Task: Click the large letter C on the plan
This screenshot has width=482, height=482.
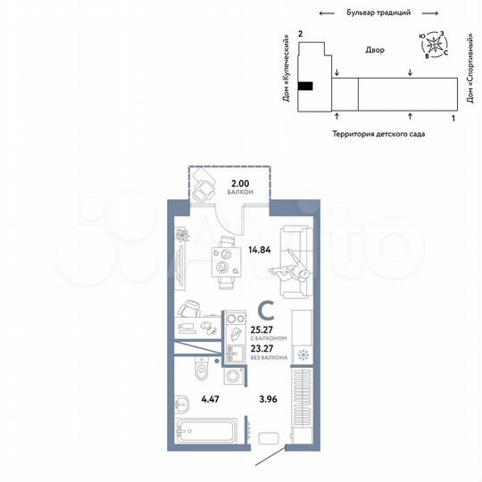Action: pyautogui.click(x=265, y=310)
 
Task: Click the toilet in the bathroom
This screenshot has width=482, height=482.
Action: pyautogui.click(x=202, y=368)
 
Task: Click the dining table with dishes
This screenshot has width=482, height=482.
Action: pyautogui.click(x=222, y=262)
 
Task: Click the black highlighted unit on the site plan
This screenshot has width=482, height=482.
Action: pyautogui.click(x=305, y=86)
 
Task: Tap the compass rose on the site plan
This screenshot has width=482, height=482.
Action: pyautogui.click(x=434, y=43)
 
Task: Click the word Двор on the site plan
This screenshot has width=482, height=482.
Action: pyautogui.click(x=375, y=51)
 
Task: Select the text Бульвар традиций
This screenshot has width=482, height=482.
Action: pyautogui.click(x=378, y=13)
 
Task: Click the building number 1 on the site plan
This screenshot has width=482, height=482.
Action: pyautogui.click(x=453, y=118)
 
